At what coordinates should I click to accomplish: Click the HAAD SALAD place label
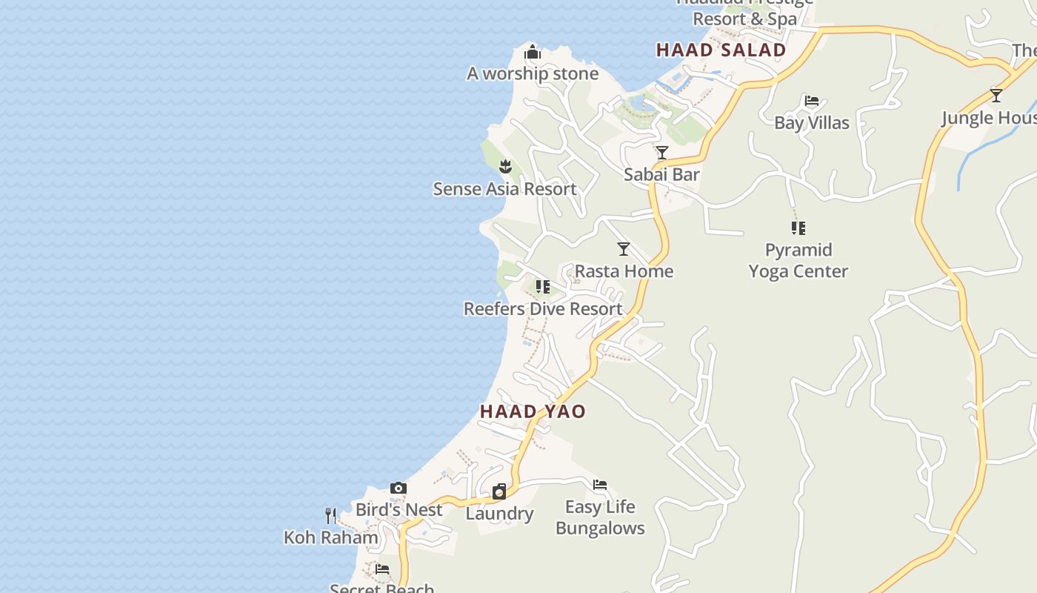721,50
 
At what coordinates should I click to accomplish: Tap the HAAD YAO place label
533,411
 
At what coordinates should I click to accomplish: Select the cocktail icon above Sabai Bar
662,153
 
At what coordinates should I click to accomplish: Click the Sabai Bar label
661,174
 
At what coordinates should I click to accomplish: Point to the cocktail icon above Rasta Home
624,249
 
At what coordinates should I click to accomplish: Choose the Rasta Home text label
624,271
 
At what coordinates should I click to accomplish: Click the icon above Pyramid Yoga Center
798,228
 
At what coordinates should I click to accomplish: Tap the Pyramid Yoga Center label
798,260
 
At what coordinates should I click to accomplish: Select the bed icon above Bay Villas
812,101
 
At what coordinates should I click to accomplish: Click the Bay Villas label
812,122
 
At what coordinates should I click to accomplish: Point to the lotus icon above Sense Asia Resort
505,167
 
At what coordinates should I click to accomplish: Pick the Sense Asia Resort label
504,189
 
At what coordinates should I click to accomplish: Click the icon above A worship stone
532,53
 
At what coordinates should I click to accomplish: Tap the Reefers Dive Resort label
543,308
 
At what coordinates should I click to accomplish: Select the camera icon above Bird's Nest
399,488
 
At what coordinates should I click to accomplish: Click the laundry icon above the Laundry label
499,491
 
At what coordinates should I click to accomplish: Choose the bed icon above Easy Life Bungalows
600,485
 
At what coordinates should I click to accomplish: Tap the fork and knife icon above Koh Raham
330,515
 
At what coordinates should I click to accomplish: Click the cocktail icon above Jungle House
996,96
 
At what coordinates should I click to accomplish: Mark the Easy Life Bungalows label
600,517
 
